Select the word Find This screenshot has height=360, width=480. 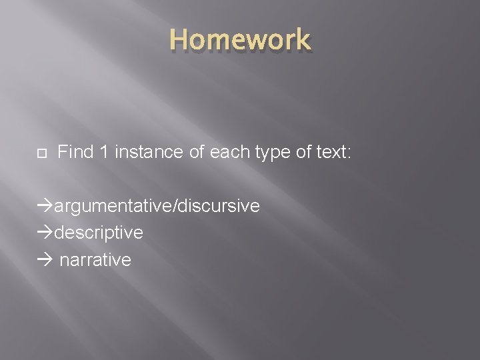75,153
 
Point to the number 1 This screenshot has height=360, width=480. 105,153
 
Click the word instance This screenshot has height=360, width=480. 149,153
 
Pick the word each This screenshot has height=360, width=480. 230,153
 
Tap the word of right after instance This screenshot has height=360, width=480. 197,153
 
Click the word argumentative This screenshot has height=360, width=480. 113,207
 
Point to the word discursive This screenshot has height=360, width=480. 217,206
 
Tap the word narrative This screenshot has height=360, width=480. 95,259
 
